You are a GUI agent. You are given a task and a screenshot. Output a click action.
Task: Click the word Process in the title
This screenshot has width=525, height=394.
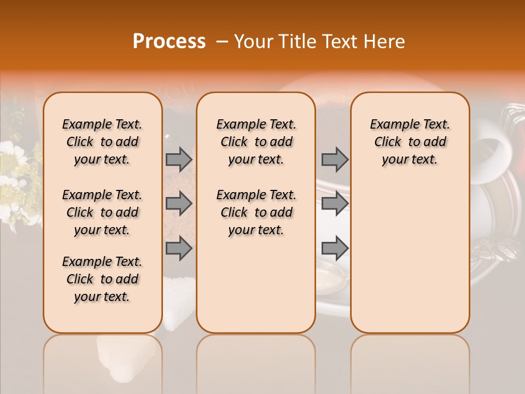tap(169, 41)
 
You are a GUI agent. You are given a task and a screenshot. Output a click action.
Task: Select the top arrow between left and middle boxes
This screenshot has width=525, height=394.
tap(179, 159)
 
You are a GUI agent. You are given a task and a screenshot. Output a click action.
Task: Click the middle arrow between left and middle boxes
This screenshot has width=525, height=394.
tap(179, 204)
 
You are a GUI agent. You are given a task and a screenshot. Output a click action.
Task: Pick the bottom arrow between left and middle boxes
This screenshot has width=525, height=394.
tap(179, 248)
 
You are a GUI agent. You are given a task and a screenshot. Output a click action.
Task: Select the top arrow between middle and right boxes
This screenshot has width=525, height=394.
tap(335, 159)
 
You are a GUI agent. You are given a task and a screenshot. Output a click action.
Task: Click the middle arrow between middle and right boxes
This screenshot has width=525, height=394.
tap(335, 204)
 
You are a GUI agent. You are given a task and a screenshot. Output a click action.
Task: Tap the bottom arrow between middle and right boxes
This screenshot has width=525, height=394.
tap(335, 248)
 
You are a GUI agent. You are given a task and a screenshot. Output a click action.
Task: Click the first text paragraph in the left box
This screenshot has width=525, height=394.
tap(102, 142)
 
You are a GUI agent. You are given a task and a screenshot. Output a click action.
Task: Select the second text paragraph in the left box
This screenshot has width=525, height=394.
tap(102, 212)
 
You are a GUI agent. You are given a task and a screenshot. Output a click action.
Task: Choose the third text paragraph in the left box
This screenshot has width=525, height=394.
tap(102, 279)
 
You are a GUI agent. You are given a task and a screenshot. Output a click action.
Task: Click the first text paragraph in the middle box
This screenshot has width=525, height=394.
tap(256, 142)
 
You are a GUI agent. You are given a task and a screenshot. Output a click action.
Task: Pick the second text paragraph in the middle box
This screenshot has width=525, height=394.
tap(256, 212)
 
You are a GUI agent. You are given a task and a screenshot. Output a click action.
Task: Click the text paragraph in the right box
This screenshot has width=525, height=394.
tap(410, 142)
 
